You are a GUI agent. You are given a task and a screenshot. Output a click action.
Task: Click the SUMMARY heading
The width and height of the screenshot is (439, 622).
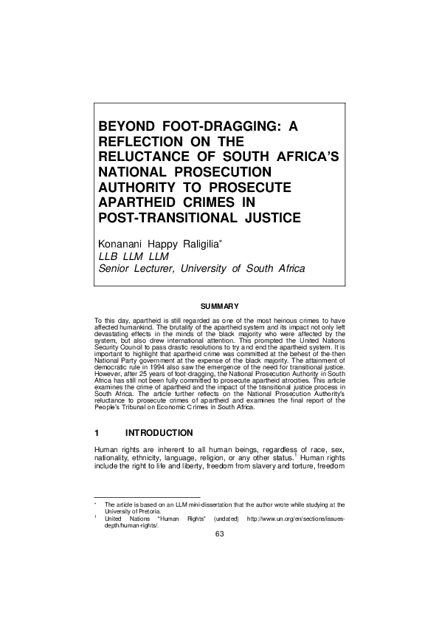tap(219, 306)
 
